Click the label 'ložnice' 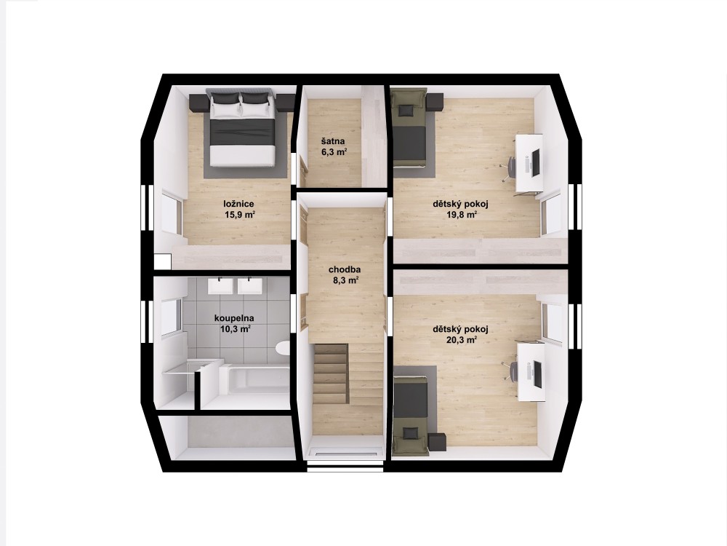click(x=238, y=204)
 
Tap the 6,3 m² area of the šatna click(x=334, y=151)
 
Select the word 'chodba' click(x=345, y=269)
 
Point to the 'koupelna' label click(x=233, y=319)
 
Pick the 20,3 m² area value click(x=460, y=340)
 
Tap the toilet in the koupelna click(x=282, y=348)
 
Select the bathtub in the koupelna click(x=254, y=380)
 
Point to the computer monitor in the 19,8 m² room click(x=536, y=162)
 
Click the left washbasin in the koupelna click(x=220, y=285)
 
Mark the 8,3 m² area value click(x=345, y=280)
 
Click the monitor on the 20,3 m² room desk click(x=537, y=373)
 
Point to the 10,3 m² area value click(x=236, y=329)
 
